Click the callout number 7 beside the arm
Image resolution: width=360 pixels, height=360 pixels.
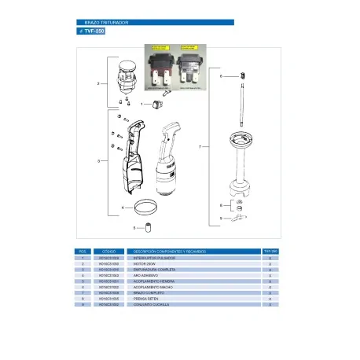coord(203,148)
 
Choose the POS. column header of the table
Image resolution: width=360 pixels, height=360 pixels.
coord(83,251)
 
